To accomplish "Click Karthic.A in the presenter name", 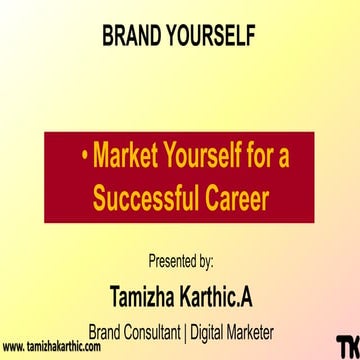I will click(220, 295).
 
